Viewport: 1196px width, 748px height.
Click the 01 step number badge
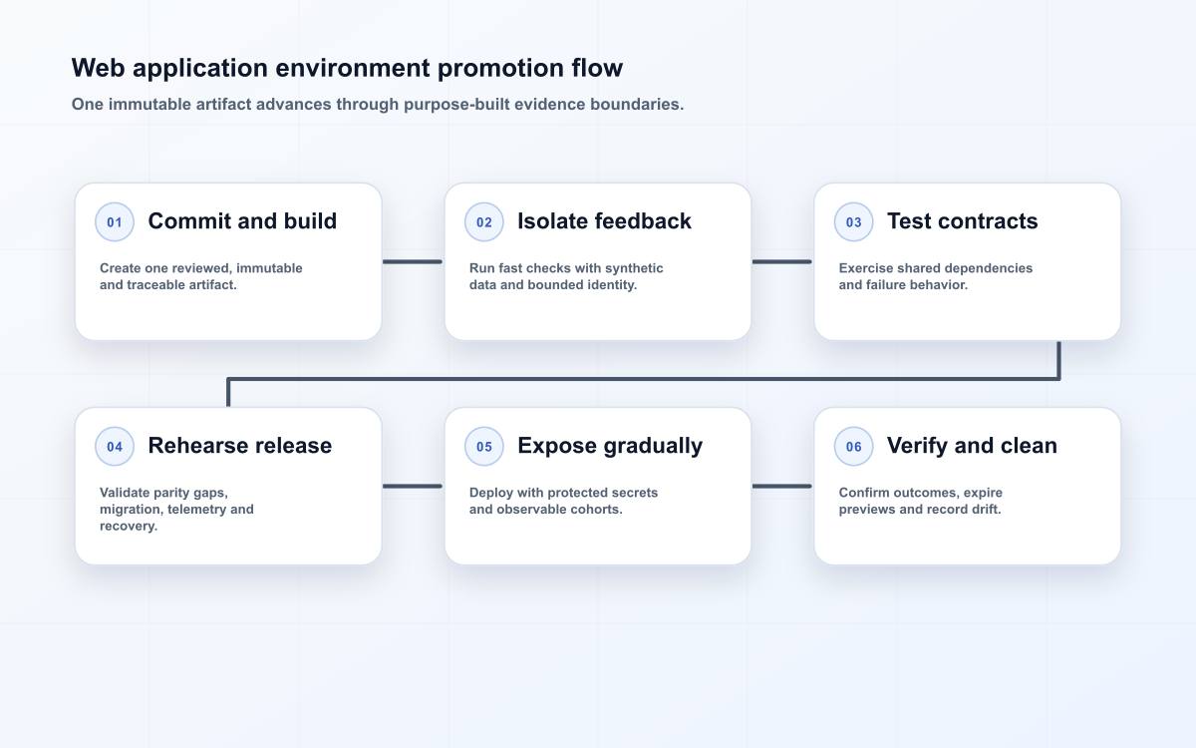pyautogui.click(x=115, y=221)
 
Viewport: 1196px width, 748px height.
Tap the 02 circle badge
pyautogui.click(x=483, y=221)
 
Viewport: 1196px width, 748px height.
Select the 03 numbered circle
pyautogui.click(x=853, y=221)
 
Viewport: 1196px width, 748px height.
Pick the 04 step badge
pyautogui.click(x=115, y=446)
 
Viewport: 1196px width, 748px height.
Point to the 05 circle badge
pyautogui.click(x=483, y=446)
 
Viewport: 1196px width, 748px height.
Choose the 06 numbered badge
pyautogui.click(x=853, y=446)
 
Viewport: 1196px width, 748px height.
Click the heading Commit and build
pyautogui.click(x=242, y=221)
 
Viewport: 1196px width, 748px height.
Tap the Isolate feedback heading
pyautogui.click(x=604, y=221)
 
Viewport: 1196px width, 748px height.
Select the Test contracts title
pyautogui.click(x=962, y=221)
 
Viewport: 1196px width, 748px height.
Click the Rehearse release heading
pyautogui.click(x=240, y=446)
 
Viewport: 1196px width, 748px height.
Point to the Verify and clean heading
pyautogui.click(x=972, y=446)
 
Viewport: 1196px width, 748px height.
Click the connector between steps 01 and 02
pyautogui.click(x=413, y=261)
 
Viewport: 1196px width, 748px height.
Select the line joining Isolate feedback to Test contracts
pyautogui.click(x=782, y=261)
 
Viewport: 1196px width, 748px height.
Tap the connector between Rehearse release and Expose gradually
pyautogui.click(x=413, y=487)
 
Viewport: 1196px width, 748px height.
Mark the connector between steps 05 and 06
pyautogui.click(x=782, y=487)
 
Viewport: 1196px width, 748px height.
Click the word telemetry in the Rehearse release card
pyautogui.click(x=196, y=510)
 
